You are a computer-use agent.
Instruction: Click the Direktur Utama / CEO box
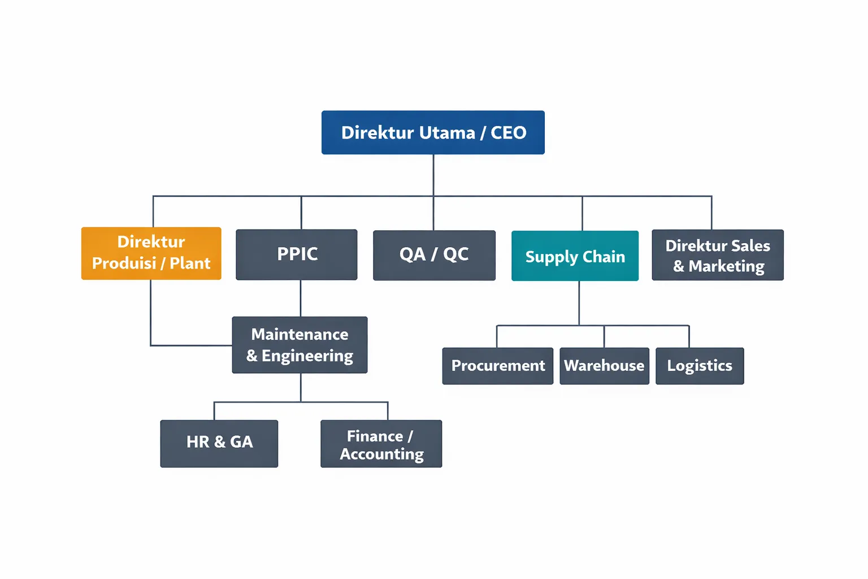click(433, 132)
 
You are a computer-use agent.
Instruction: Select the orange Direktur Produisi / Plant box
click(151, 253)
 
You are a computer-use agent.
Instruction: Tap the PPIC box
click(297, 254)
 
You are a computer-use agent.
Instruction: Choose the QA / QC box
click(434, 255)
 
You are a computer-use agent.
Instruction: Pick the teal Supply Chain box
click(575, 256)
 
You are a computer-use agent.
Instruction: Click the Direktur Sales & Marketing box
click(718, 255)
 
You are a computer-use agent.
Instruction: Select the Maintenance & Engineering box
click(300, 345)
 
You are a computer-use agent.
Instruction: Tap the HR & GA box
click(219, 443)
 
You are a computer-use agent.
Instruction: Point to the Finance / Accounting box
click(381, 444)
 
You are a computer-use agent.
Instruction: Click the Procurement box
click(498, 366)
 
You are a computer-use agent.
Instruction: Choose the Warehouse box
click(604, 366)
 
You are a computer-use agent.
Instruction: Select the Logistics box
click(700, 366)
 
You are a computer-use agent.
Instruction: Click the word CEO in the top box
click(508, 133)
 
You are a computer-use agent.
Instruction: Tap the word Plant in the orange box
click(190, 263)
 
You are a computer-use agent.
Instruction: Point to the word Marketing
click(726, 266)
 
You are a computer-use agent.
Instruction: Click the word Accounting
click(381, 455)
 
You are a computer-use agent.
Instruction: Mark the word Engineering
click(307, 356)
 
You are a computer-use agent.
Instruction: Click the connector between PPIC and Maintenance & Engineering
click(301, 298)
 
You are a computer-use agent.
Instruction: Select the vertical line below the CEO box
click(433, 175)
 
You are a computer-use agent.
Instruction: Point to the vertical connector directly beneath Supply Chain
click(579, 303)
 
